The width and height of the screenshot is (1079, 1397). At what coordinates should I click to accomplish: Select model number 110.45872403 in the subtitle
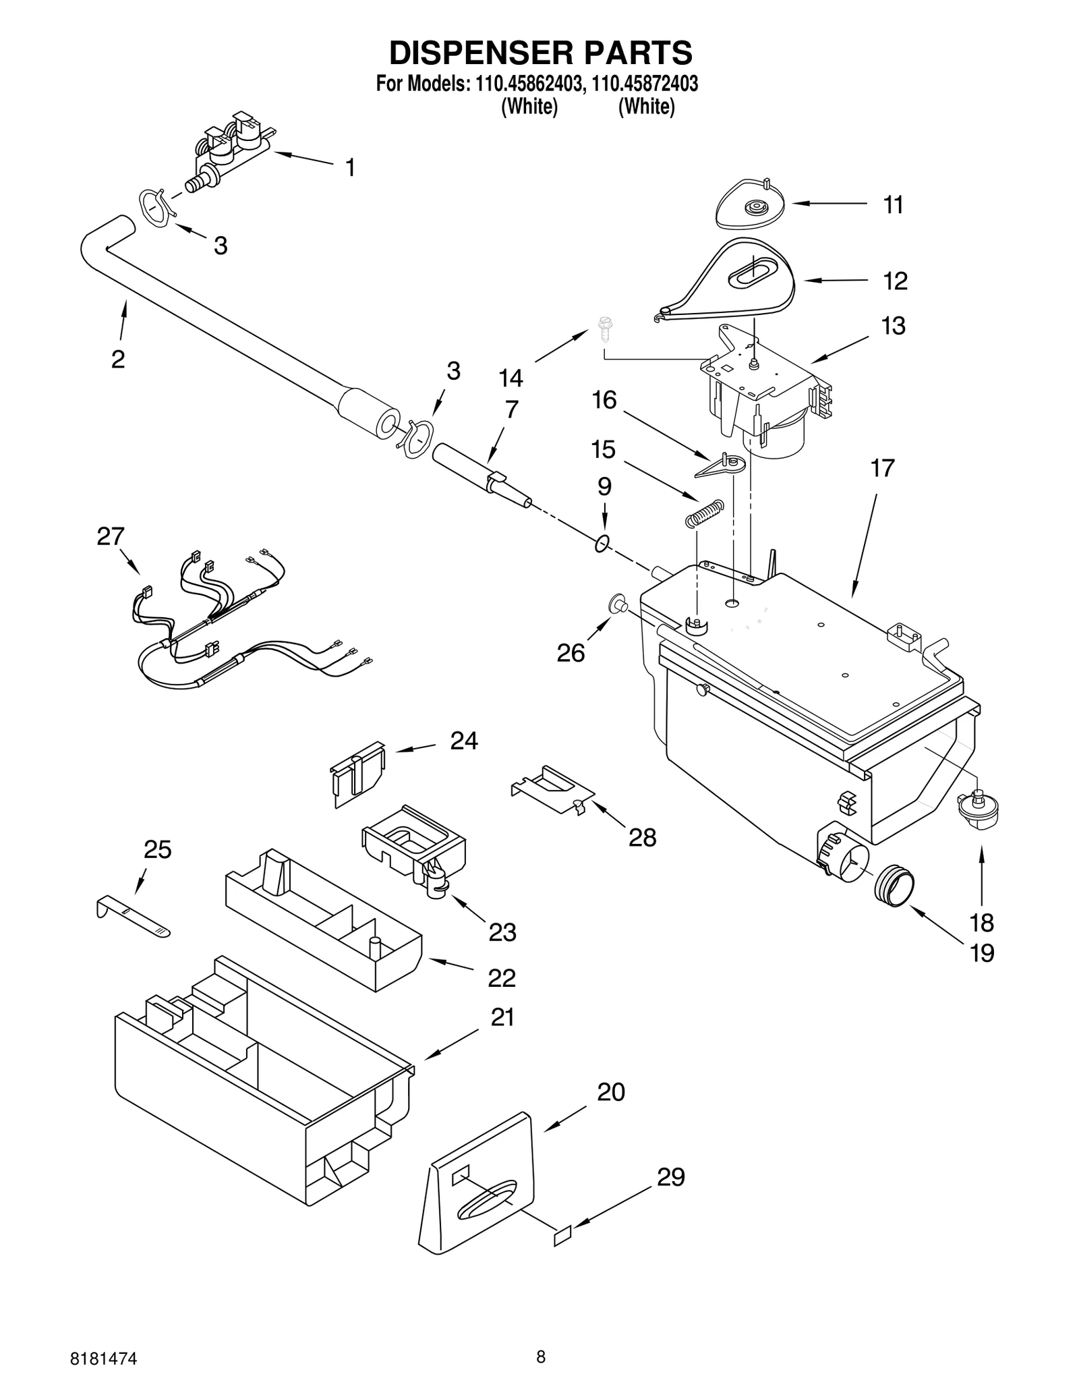[x=645, y=84]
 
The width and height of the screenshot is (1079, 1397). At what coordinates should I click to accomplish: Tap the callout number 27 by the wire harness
[x=111, y=536]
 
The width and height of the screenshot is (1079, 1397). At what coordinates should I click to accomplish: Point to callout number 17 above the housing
[x=882, y=468]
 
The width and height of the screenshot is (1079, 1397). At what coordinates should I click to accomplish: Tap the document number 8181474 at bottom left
[x=104, y=1359]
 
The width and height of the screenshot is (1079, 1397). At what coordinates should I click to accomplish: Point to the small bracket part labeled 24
[x=358, y=772]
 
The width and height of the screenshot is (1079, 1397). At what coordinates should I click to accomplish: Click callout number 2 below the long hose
[x=118, y=360]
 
